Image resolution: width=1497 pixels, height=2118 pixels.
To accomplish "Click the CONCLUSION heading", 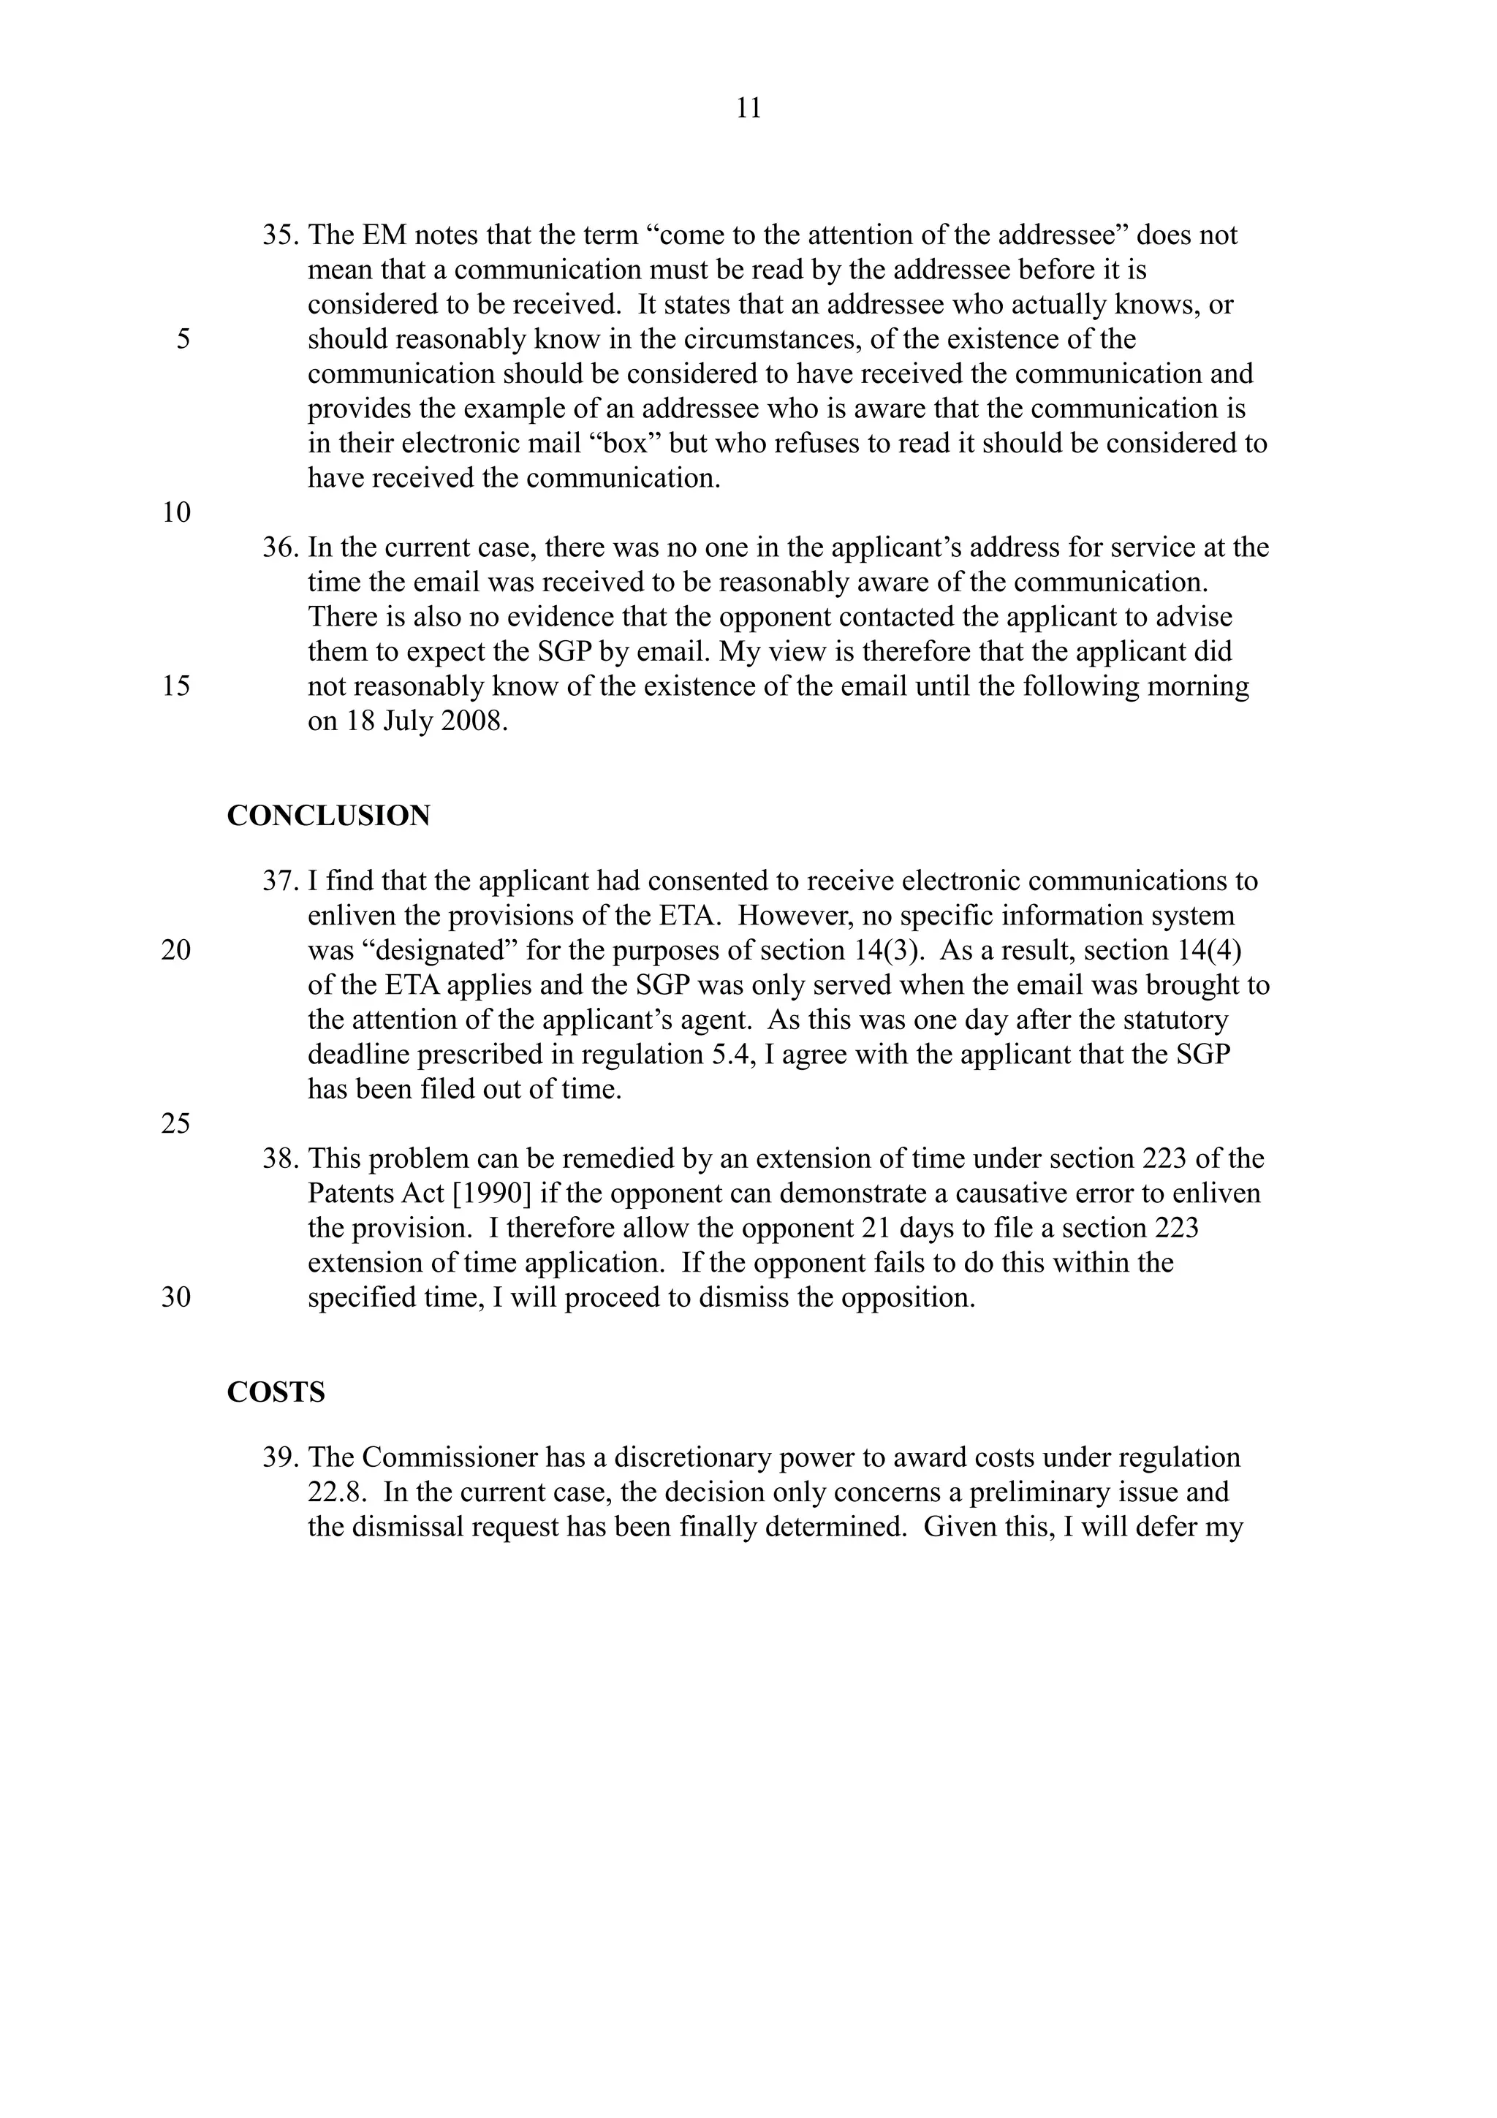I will point(328,816).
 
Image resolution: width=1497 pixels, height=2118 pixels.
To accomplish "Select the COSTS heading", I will point(276,1392).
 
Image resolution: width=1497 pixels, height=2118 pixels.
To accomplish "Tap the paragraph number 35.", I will point(279,235).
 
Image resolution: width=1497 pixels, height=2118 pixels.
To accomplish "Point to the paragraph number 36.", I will point(279,548).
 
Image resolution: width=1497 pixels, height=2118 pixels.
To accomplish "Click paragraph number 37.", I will point(279,881).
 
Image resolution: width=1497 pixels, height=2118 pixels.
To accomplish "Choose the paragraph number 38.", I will point(279,1158).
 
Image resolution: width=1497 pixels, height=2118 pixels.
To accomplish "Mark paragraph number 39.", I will point(279,1457).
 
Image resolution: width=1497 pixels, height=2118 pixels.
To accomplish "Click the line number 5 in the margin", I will point(183,339).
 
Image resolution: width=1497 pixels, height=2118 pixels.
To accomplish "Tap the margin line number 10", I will point(176,513).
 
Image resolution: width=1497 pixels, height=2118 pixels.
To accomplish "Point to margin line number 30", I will point(176,1298).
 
